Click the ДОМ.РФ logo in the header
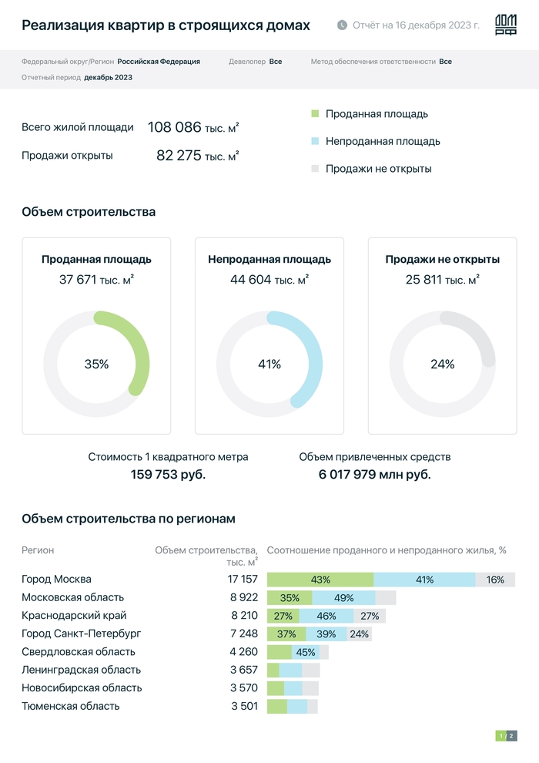505,25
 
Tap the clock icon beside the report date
342,25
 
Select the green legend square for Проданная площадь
314,114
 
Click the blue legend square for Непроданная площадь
314,142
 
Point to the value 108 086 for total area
175,127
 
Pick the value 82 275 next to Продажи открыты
179,155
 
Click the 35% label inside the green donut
96,365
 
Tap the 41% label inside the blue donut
269,365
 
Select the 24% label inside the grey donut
442,365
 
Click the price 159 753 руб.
168,474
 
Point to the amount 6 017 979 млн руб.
375,474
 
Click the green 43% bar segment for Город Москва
320,580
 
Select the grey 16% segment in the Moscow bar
495,580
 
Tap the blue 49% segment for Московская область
343,597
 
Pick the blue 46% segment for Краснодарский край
326,616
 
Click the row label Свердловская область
72,652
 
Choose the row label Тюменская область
70,706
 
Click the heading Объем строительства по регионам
129,519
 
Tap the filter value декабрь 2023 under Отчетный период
109,77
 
